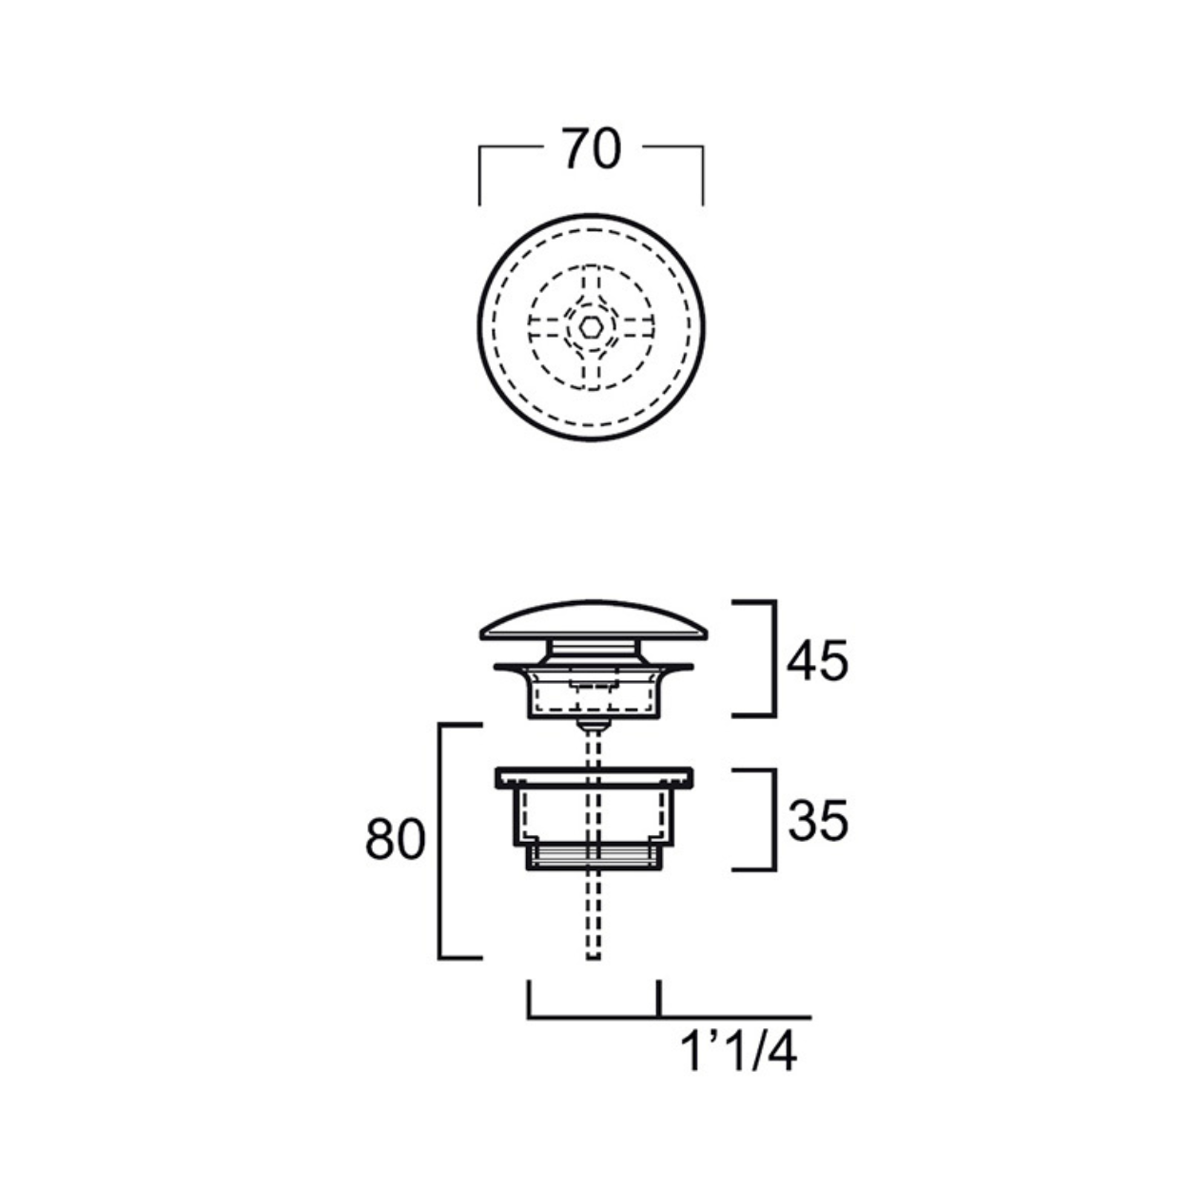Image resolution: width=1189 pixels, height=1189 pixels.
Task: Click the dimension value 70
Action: [x=591, y=149]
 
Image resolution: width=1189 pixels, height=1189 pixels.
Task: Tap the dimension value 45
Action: [x=817, y=660]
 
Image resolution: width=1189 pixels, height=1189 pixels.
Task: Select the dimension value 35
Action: [x=818, y=820]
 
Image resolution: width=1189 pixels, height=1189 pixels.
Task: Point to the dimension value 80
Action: [x=396, y=839]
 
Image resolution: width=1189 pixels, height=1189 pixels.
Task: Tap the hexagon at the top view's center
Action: [x=591, y=327]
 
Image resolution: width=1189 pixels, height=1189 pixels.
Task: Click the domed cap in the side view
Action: [x=594, y=619]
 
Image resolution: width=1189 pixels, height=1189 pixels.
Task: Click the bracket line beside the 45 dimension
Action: [x=774, y=658]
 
